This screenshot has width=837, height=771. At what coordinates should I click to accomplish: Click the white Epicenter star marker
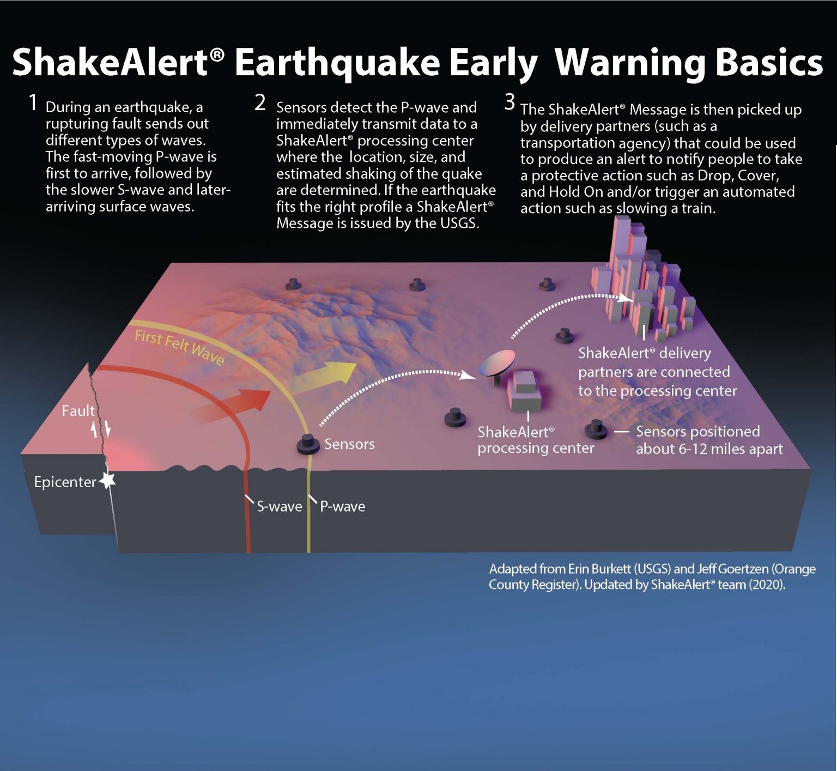click(108, 480)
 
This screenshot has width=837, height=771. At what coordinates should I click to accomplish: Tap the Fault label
click(78, 411)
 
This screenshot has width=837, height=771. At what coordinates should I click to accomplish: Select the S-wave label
click(279, 507)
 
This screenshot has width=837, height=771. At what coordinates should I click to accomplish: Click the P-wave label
click(342, 507)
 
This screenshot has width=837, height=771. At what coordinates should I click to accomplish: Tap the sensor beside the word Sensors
click(308, 444)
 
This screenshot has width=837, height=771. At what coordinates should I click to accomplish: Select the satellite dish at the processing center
click(497, 363)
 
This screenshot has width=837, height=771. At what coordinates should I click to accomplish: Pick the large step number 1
click(33, 102)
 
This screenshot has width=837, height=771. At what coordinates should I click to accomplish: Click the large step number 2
click(260, 102)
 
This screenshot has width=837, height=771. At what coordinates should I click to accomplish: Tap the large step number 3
click(510, 102)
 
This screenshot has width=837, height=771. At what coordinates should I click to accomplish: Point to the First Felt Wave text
click(179, 347)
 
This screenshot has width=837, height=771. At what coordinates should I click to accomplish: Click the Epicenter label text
click(64, 482)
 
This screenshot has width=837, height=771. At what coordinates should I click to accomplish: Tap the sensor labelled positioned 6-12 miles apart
click(596, 430)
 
